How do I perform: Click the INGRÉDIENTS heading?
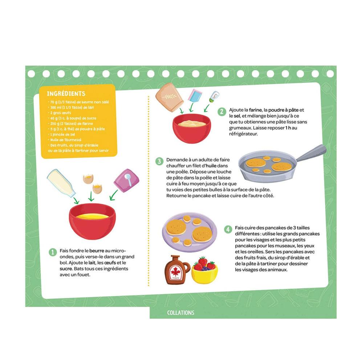(x=66, y=94)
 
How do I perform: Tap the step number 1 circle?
(x=53, y=252)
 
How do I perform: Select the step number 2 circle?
(x=221, y=111)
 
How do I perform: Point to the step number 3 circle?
(x=159, y=161)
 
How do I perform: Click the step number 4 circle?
(x=228, y=229)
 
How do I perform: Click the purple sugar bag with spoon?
(x=126, y=180)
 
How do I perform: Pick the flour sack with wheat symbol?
(x=169, y=97)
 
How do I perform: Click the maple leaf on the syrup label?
(x=175, y=272)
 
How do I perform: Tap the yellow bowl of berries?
(x=204, y=273)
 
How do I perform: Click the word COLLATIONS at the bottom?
(x=180, y=313)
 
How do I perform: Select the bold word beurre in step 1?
(x=97, y=250)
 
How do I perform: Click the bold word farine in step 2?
(x=255, y=110)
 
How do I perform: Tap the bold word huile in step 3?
(x=211, y=166)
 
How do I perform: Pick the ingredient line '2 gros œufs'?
(x=60, y=113)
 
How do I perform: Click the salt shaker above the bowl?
(x=214, y=97)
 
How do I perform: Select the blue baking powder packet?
(x=195, y=95)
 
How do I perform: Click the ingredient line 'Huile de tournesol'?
(x=65, y=140)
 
